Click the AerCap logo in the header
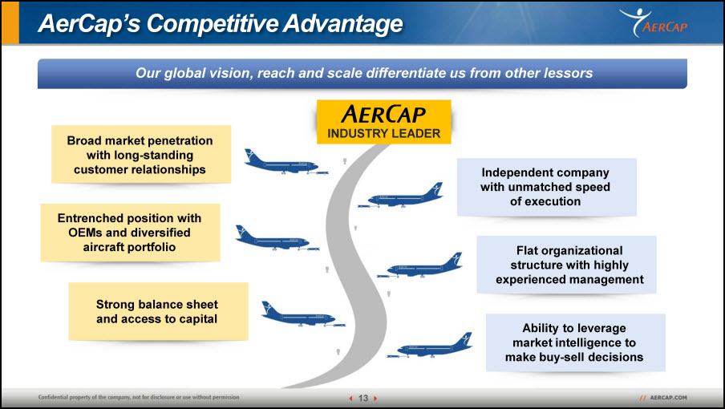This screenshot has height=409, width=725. pos(654,22)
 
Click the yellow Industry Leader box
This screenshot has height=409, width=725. pos(384,122)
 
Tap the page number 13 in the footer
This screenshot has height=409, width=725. pos(363,398)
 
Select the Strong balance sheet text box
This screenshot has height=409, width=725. pos(158,311)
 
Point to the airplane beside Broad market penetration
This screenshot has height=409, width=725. pos(286,163)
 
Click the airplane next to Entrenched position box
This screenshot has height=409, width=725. pos(277,238)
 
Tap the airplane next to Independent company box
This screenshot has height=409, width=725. pos(400,196)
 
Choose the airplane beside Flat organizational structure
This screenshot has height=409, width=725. pos(419,265)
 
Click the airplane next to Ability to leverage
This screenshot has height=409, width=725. pos(430,345)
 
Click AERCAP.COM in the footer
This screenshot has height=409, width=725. pos(668,398)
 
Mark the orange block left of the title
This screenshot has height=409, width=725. pos(10,22)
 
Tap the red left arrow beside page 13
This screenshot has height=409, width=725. pos(351,398)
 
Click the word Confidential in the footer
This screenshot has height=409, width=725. pos(53,397)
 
